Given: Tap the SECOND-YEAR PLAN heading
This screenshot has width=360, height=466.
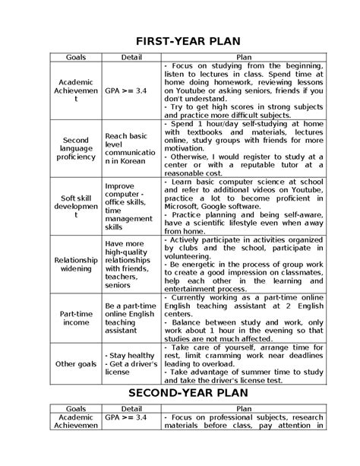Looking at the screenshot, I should click(x=179, y=394).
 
